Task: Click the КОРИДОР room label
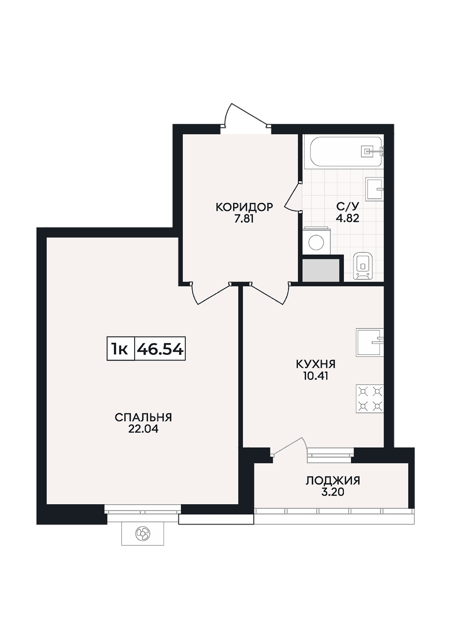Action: coord(244,207)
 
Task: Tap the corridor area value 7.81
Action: coord(244,219)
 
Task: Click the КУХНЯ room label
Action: coord(315,364)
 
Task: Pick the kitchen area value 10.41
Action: coord(315,376)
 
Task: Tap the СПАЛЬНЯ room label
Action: coord(144,417)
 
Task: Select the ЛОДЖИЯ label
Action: coord(333,481)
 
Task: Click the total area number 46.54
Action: coord(159,349)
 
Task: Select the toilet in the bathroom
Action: coord(363,266)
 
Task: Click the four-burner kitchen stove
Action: coord(369,399)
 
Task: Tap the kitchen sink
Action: coord(369,342)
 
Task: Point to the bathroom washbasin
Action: coord(375,189)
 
